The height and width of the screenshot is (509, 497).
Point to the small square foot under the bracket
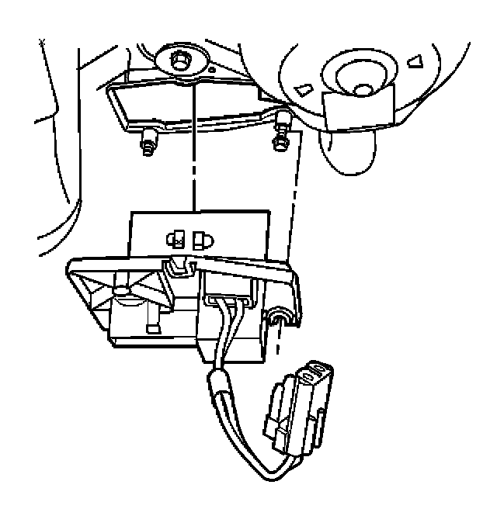(154, 327)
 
